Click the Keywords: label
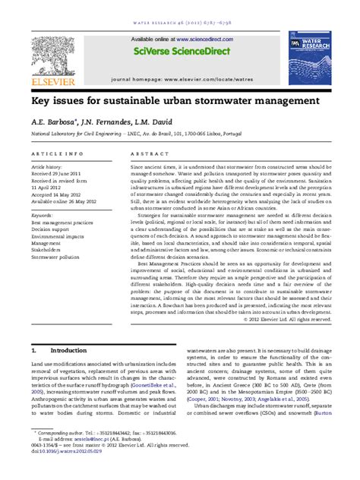coord(42,215)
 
